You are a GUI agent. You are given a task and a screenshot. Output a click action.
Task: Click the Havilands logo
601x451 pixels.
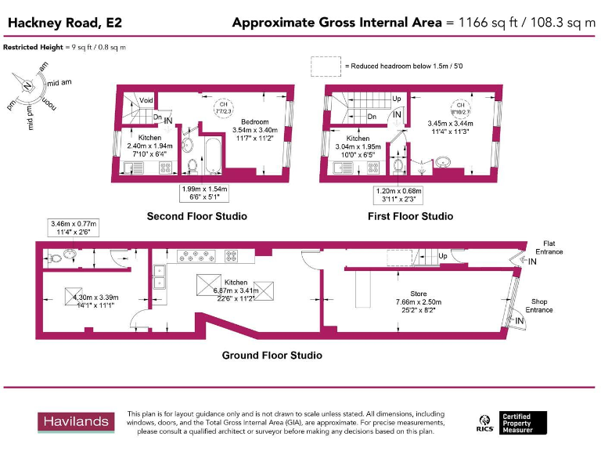tap(75, 422)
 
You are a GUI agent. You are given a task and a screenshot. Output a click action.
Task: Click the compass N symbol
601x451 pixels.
tap(27, 85)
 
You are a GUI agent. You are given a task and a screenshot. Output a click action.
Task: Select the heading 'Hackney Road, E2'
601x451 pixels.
tap(64, 23)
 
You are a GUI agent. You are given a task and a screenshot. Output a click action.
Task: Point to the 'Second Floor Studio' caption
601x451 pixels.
tap(196, 216)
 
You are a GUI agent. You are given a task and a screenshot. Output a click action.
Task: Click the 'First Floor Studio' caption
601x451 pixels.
tap(410, 216)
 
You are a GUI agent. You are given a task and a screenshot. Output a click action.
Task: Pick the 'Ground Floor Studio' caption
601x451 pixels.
tap(272, 355)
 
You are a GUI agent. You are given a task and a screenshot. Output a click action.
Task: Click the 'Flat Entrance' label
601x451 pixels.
tap(548, 247)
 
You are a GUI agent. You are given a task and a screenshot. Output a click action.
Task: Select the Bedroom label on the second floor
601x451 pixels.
tap(255, 122)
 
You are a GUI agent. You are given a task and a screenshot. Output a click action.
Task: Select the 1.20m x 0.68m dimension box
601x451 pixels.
tap(399, 194)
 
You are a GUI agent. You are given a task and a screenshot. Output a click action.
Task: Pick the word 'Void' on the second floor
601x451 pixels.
tap(146, 100)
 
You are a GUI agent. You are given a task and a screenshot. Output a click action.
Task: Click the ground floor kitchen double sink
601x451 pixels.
tap(160, 277)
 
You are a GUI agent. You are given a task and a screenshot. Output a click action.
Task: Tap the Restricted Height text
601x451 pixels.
tap(64, 48)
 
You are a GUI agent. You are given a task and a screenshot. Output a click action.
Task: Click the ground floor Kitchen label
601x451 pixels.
tap(236, 283)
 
